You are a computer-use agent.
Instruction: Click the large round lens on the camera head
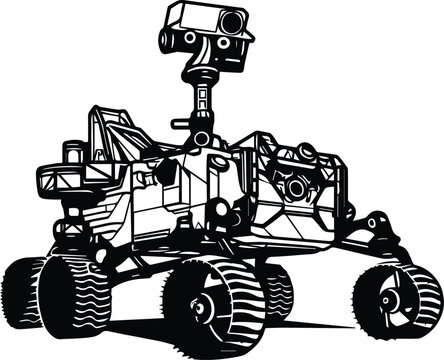click(231, 22)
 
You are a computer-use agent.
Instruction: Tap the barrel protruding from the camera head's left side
click(166, 39)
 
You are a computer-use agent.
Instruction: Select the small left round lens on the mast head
click(190, 38)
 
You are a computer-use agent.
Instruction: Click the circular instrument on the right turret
click(296, 187)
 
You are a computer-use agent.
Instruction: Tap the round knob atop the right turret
click(307, 152)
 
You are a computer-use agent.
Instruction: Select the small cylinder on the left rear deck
click(72, 151)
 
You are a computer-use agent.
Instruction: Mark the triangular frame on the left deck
click(116, 130)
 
